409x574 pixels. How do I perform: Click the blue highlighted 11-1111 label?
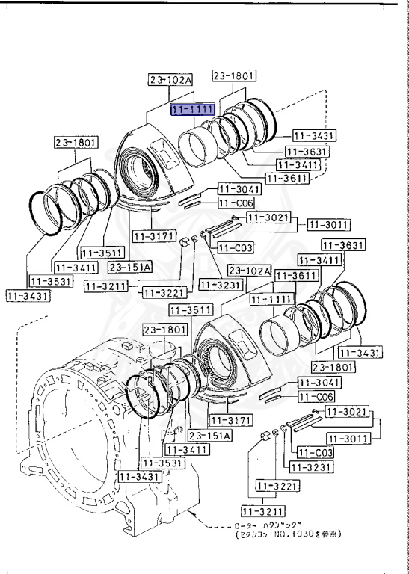tap(194, 110)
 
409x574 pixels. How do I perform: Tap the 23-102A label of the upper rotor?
tap(170, 79)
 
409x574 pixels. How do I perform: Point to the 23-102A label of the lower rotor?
tap(249, 270)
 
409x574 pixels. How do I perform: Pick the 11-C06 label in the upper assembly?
tap(236, 203)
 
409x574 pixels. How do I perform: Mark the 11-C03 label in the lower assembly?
tap(316, 452)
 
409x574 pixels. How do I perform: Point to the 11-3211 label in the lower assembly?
tap(261, 511)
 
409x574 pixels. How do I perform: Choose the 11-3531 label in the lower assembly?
tap(164, 463)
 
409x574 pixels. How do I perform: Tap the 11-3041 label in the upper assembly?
tap(238, 189)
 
